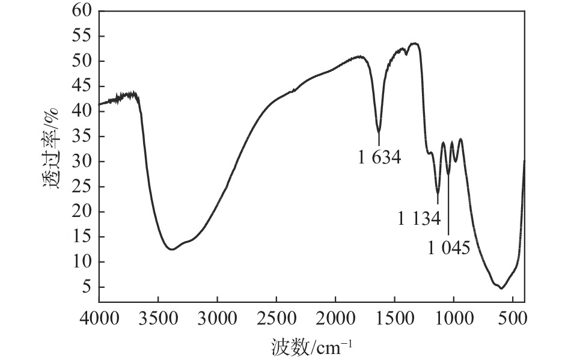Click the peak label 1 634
point(379,159)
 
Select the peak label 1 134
point(419,218)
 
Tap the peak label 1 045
point(449,247)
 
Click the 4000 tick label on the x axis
point(99,317)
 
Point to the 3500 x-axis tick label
point(158,317)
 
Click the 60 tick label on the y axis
point(84,11)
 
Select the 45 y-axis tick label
point(84,86)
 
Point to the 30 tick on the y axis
point(84,162)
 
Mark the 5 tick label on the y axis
point(88,287)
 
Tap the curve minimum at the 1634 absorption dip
point(379,132)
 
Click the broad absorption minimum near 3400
point(172,249)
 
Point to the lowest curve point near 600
point(501,288)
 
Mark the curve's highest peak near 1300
point(414,43)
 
